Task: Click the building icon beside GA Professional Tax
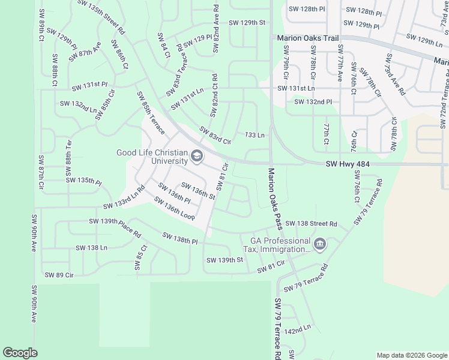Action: pos(320,244)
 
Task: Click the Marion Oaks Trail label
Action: pos(308,38)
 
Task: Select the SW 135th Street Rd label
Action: pos(101,17)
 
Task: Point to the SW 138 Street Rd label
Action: pos(311,223)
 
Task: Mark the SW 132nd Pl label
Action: pos(313,102)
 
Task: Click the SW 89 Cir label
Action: pos(59,275)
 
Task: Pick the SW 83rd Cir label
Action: pos(215,136)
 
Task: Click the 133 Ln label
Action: pos(255,135)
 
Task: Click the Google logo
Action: pos(20,353)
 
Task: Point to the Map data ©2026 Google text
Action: pos(411,355)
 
